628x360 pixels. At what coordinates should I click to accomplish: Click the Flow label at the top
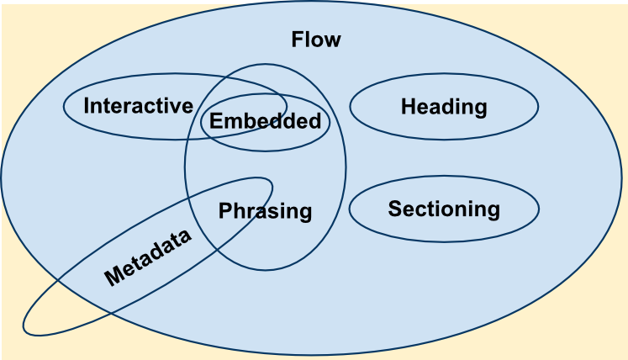pyautogui.click(x=315, y=40)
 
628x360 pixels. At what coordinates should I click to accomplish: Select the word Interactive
pyautogui.click(x=138, y=106)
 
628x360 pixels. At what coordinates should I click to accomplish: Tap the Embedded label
pyautogui.click(x=265, y=121)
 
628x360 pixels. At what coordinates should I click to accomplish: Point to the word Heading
pyautogui.click(x=443, y=107)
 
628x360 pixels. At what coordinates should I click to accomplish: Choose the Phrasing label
pyautogui.click(x=265, y=211)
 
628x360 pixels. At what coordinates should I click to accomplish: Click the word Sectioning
pyautogui.click(x=443, y=209)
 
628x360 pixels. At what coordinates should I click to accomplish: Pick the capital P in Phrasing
pyautogui.click(x=224, y=211)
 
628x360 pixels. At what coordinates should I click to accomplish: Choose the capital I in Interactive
pyautogui.click(x=87, y=106)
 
